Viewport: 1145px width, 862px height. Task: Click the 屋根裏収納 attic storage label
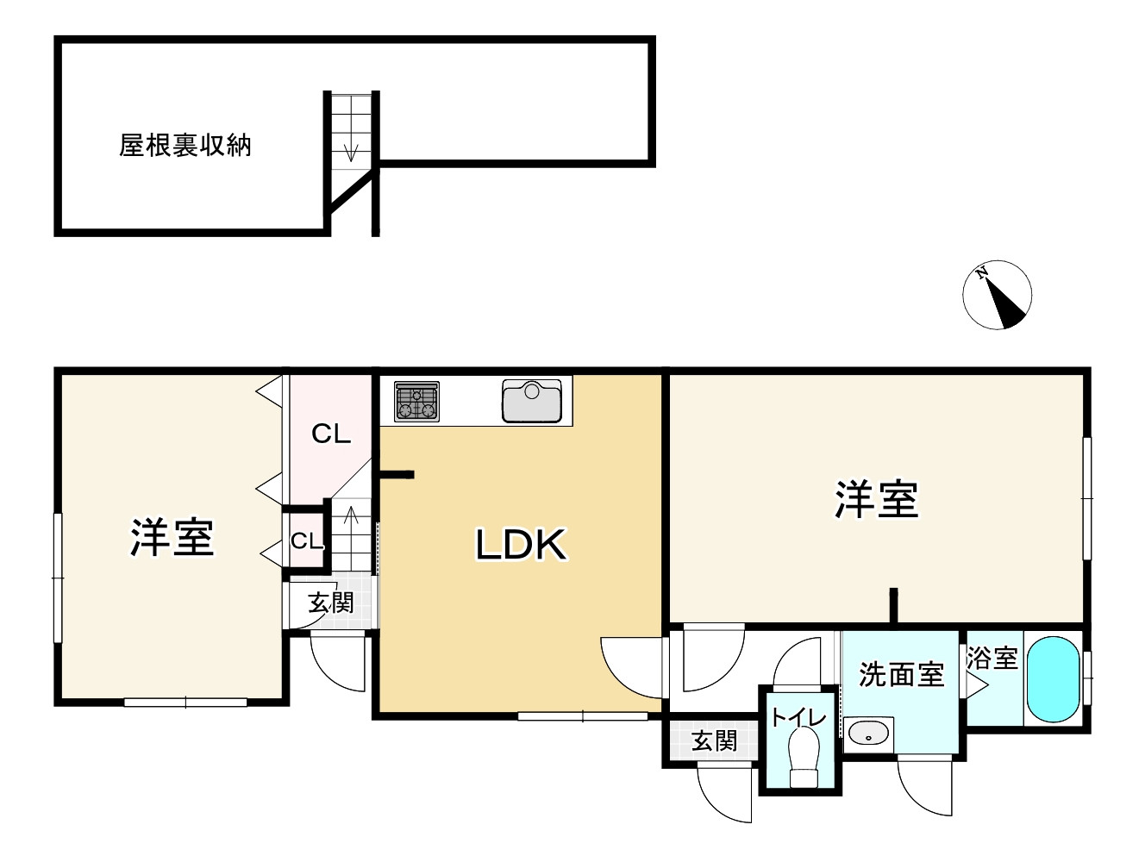coord(185,146)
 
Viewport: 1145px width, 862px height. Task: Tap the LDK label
coord(521,545)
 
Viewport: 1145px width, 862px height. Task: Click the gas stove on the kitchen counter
coord(416,402)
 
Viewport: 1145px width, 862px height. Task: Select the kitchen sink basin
coord(532,401)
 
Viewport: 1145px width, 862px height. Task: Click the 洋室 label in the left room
coord(172,537)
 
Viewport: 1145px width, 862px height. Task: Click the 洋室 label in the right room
coord(876,500)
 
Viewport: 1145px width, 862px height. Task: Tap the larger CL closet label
coord(331,434)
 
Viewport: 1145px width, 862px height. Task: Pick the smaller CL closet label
coord(306,541)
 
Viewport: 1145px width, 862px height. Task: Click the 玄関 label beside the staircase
coord(331,603)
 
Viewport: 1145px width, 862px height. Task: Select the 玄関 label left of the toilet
coord(714,740)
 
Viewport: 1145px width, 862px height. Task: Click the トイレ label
coord(798,717)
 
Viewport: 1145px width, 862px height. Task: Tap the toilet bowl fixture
coord(804,754)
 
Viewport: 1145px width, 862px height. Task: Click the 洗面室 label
coord(901,674)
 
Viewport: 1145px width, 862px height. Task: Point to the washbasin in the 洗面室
coord(868,734)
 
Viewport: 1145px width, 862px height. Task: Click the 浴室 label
coord(992,659)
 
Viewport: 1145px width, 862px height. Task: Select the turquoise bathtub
coord(1053,679)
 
